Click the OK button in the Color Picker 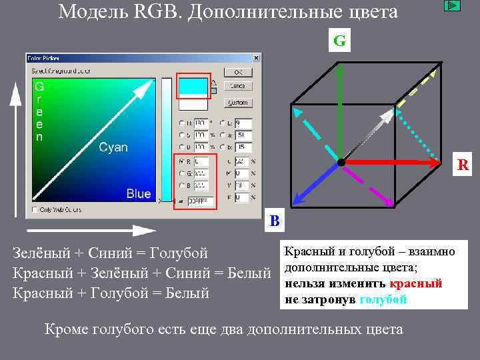(x=237, y=72)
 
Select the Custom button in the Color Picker (x=237, y=103)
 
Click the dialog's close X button (x=256, y=58)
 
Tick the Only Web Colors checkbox (x=35, y=210)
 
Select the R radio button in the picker (x=181, y=161)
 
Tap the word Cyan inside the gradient (x=113, y=147)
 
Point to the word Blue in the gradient (x=138, y=194)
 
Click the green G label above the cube (x=339, y=41)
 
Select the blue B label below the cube (x=275, y=221)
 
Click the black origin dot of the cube (x=341, y=162)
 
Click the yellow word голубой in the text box (x=383, y=299)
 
